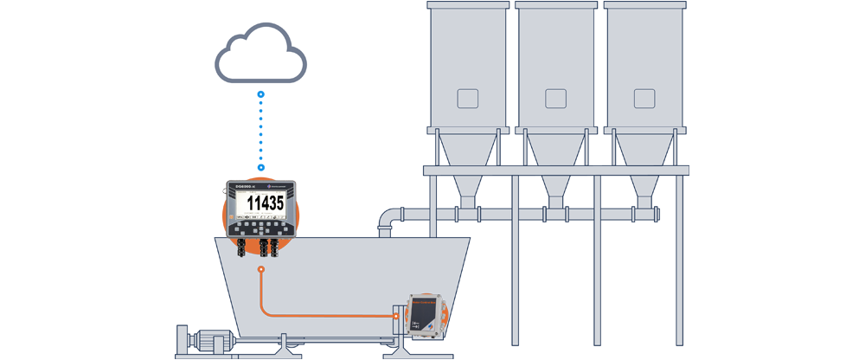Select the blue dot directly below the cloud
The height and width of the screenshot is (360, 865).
click(261, 93)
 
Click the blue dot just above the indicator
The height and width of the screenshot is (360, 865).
click(261, 167)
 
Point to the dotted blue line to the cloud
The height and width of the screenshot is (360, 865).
click(261, 130)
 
